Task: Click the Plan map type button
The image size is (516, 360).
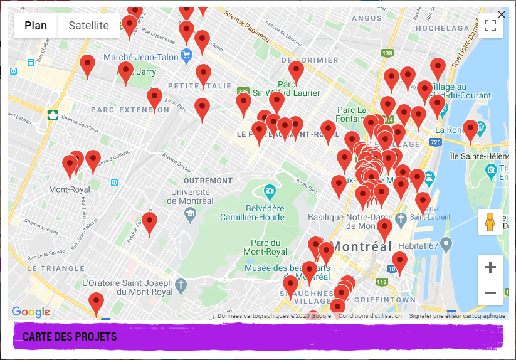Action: (x=36, y=26)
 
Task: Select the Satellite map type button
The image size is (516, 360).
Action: (x=88, y=26)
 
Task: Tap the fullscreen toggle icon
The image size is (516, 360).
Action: (x=490, y=26)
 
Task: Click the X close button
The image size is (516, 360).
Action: (x=502, y=14)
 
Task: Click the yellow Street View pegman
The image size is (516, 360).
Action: (x=490, y=222)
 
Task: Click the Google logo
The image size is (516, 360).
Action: (x=31, y=312)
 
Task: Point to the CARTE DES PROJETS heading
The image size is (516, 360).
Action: (x=70, y=337)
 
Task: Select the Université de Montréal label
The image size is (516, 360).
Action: (x=191, y=196)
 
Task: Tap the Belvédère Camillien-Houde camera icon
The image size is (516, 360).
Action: (x=270, y=190)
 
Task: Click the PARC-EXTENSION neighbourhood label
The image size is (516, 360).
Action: (x=130, y=110)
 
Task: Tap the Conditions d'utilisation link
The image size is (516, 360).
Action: (x=370, y=316)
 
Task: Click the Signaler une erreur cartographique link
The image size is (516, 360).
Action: (x=456, y=316)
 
